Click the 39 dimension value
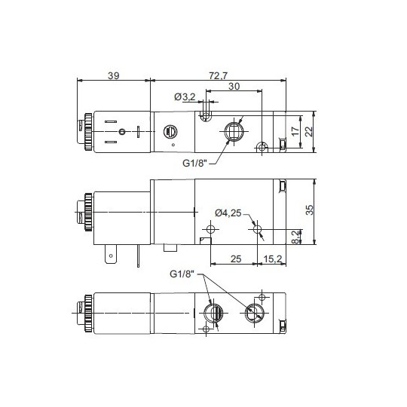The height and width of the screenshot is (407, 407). click(114, 76)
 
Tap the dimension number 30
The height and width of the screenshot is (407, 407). click(234, 88)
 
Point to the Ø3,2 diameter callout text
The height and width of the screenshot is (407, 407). click(185, 97)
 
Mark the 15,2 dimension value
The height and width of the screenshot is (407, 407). click(273, 260)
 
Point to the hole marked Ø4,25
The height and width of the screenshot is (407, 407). click(257, 228)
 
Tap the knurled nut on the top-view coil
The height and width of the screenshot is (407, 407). click(87, 133)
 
